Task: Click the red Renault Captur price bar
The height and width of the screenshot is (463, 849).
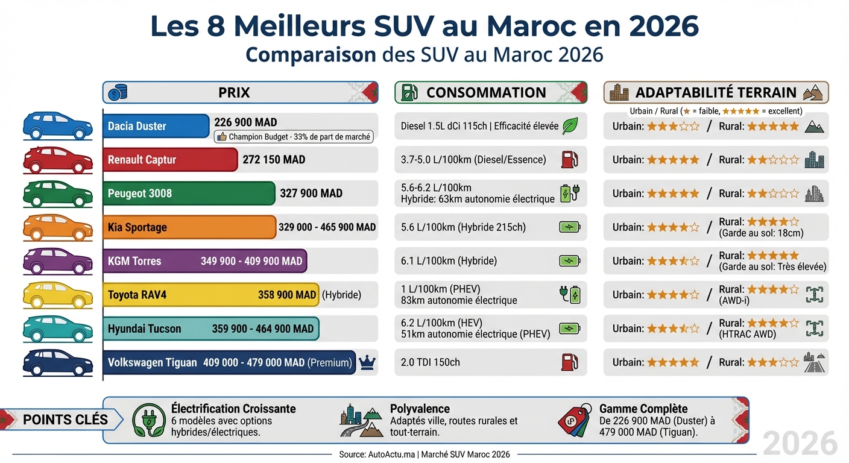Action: pos(170,160)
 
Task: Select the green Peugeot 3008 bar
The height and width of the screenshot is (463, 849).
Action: pos(189,194)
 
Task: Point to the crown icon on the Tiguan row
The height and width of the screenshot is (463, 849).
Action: pos(367,362)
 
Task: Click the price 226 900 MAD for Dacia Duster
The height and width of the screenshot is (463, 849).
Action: pos(245,122)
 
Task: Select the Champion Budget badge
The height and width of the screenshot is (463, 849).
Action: pos(294,137)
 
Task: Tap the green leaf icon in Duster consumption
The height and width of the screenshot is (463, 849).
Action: pos(570,126)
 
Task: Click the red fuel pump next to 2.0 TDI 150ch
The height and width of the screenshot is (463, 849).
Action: pos(570,362)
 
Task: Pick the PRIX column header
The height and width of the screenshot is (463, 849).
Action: pos(234,93)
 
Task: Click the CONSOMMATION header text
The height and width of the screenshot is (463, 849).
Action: pos(486,93)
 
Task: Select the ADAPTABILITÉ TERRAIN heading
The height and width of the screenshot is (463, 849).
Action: pos(716,93)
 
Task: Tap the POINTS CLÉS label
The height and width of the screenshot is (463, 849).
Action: pos(65,420)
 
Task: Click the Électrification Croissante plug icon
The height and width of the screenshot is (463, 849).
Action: pos(148,420)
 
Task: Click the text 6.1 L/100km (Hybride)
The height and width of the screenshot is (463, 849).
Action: pos(449,261)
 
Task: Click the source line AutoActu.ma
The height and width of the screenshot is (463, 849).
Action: pos(424,454)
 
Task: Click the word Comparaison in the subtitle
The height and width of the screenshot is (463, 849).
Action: pos(311,55)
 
